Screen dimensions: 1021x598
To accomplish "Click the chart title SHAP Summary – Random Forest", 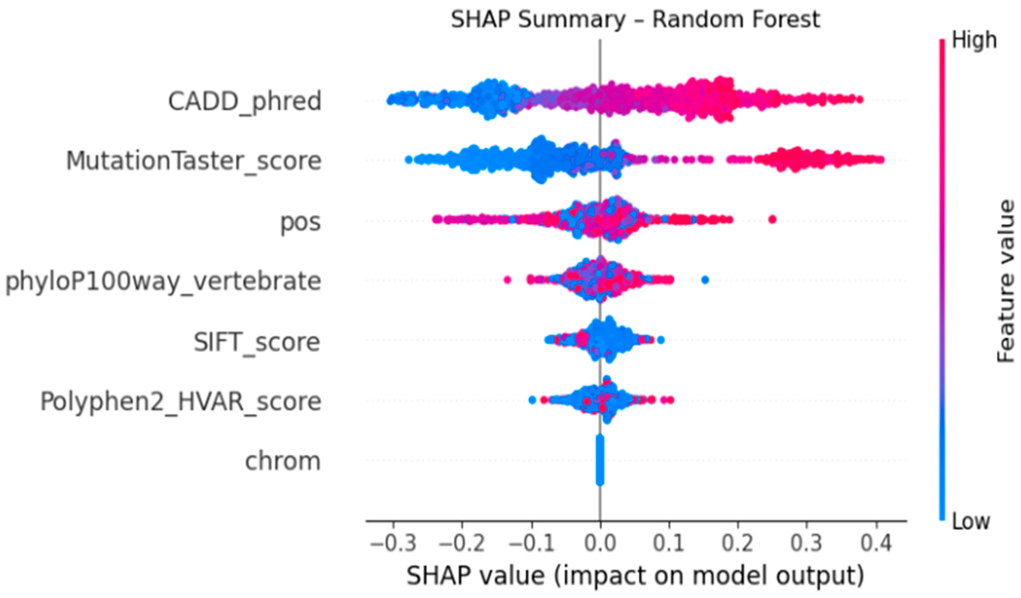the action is (635, 20).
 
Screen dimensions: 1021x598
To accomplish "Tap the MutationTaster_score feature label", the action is (194, 161).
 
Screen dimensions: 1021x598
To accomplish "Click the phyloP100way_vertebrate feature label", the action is (163, 281).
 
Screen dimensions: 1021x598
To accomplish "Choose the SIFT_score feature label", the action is (257, 342).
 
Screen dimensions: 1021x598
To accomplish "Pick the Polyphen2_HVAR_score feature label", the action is (181, 401).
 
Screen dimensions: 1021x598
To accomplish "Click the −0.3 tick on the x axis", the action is (393, 543).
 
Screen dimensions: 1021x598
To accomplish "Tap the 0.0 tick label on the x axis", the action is (600, 543).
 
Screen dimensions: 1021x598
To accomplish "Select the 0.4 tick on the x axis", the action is (876, 543).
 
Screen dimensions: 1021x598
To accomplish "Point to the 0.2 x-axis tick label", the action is (738, 543).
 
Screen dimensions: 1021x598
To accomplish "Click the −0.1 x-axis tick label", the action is (531, 543).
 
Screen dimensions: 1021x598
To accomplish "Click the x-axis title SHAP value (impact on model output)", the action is (635, 576).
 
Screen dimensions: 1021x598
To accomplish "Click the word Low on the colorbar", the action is (971, 521).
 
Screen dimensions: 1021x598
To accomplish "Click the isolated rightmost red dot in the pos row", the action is (772, 219).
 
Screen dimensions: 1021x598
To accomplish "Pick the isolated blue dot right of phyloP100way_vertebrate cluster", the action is (705, 279).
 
